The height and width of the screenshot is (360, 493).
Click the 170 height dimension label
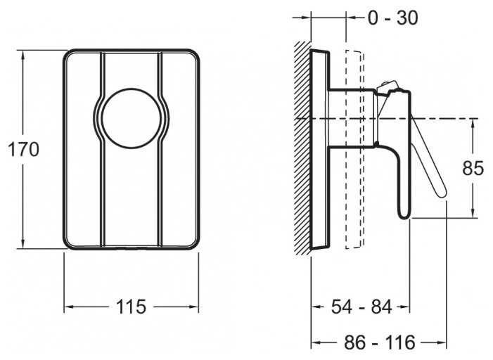23,149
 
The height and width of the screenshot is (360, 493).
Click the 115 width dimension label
131,307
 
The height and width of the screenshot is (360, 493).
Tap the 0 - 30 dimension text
392,18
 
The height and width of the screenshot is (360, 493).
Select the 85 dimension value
473,169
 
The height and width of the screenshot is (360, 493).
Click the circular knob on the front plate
131,118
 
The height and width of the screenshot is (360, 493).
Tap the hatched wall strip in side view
303,148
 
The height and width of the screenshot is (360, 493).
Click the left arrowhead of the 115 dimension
68,307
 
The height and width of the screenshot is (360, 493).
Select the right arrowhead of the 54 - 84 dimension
406,307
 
